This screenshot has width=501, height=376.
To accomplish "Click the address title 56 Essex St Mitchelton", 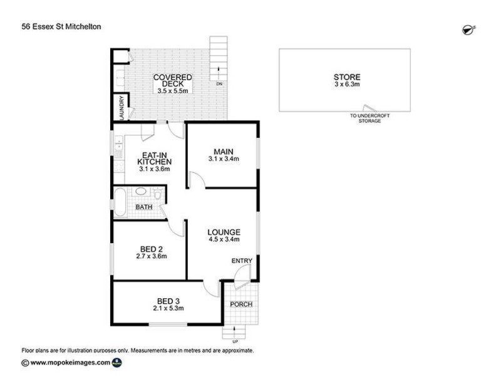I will point(61,26).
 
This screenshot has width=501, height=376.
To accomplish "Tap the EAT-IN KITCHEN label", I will point(155,160).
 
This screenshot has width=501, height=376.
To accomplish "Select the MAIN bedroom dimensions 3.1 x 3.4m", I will point(222,159).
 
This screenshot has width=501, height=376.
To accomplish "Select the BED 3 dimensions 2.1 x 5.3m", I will point(168,308).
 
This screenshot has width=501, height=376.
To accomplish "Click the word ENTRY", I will point(242,261).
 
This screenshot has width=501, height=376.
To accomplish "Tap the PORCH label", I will point(241,305).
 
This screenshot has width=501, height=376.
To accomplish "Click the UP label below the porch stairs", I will point(235,342).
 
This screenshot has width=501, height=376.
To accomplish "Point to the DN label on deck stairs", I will point(219,83).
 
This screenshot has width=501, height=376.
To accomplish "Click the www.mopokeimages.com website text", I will point(70,362).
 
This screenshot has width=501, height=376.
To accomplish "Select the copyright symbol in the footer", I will point(24,362).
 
